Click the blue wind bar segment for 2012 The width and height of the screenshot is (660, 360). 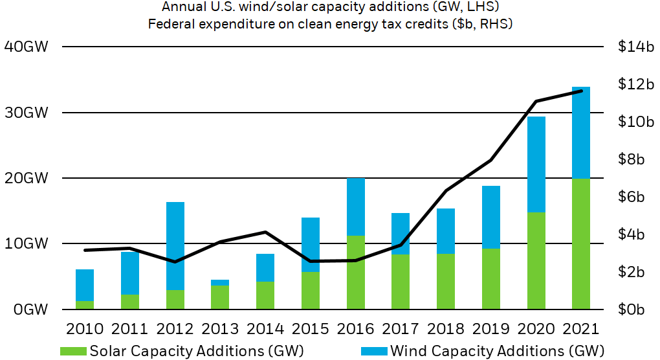click(x=175, y=246)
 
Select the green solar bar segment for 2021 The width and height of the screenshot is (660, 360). click(x=581, y=243)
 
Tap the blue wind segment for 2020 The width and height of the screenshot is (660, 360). click(x=536, y=164)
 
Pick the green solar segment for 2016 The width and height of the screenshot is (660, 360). click(x=356, y=272)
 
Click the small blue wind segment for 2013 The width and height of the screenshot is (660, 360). click(x=221, y=282)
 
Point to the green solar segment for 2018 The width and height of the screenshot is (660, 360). click(x=446, y=281)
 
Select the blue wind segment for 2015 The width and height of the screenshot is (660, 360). click(x=311, y=245)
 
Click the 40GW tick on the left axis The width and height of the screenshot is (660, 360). click(x=26, y=47)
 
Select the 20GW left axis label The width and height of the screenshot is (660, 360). click(x=26, y=178)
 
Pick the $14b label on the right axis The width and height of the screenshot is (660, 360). click(x=636, y=47)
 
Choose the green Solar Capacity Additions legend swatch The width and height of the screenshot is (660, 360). click(x=72, y=351)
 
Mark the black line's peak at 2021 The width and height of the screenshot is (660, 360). click(x=581, y=91)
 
